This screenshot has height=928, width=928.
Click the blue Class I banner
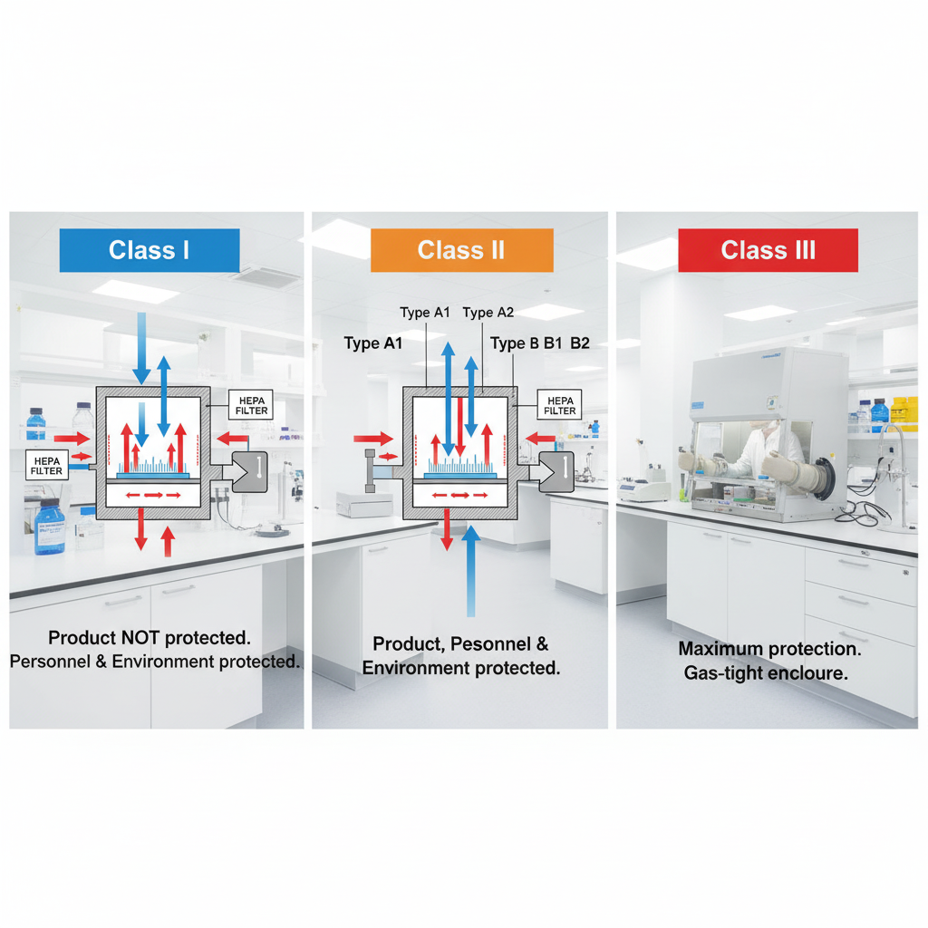pyautogui.click(x=149, y=250)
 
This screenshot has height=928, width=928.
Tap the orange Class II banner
pyautogui.click(x=461, y=250)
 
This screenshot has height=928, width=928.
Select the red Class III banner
pyautogui.click(x=768, y=250)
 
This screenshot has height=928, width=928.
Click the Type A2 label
pyautogui.click(x=488, y=313)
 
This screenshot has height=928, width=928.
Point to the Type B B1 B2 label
pyautogui.click(x=540, y=343)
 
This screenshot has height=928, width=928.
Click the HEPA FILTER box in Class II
pyautogui.click(x=559, y=404)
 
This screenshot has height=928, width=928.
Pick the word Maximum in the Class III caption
pyautogui.click(x=721, y=649)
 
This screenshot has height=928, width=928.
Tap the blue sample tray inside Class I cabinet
pyautogui.click(x=153, y=474)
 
